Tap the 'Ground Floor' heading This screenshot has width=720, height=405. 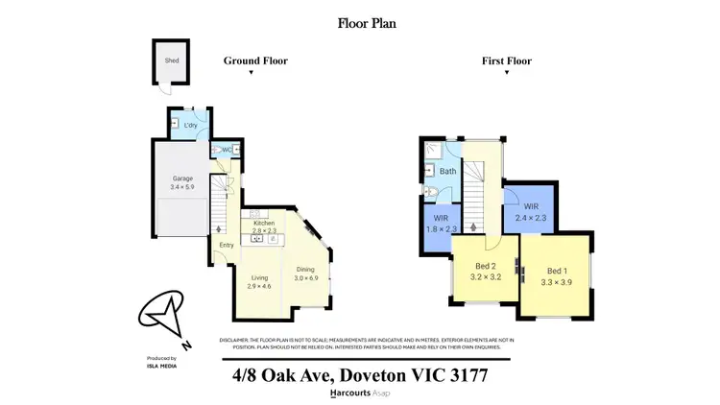click(255, 60)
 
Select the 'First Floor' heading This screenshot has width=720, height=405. click(506, 60)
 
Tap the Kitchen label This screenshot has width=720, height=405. click(263, 223)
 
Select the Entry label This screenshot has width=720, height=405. click(226, 245)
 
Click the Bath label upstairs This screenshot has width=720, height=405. click(447, 171)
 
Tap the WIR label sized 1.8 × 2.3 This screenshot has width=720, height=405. click(441, 224)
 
